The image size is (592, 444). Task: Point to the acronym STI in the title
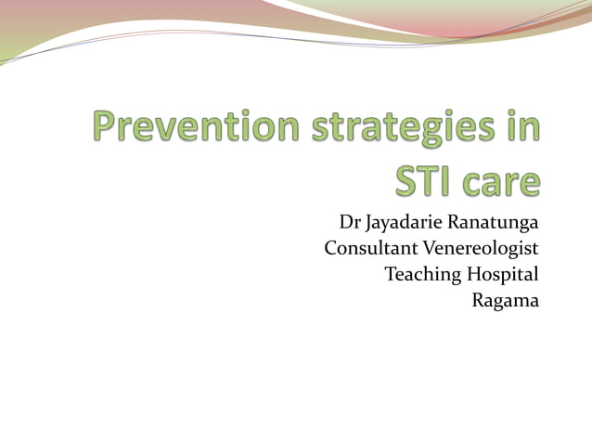click(424, 180)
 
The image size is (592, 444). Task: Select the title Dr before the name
click(349, 223)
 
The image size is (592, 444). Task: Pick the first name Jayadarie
click(404, 225)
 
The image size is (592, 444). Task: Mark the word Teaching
click(418, 276)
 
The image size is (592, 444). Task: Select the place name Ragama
click(506, 302)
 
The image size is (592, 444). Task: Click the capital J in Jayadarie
click(369, 224)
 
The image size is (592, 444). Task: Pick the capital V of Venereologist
click(430, 249)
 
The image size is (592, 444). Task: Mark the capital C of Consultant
click(331, 249)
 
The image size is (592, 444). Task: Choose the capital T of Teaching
click(390, 274)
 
